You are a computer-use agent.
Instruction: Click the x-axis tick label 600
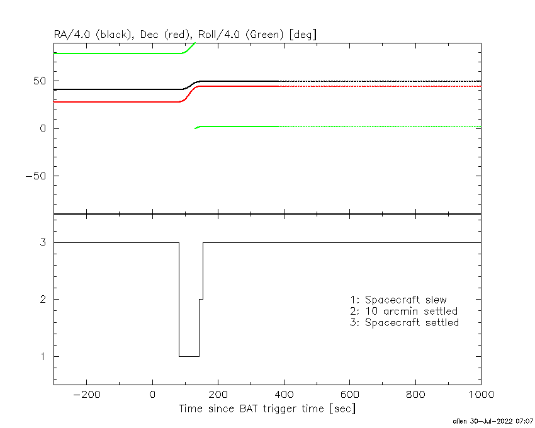(350, 395)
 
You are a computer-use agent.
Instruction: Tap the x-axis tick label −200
(87, 395)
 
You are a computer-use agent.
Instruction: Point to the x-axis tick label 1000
(481, 395)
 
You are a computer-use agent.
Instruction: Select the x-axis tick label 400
(284, 395)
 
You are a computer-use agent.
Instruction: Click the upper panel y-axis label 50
(40, 81)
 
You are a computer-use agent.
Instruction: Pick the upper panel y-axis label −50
(36, 176)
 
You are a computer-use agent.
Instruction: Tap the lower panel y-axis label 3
(43, 243)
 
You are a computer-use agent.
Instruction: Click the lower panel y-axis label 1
(43, 357)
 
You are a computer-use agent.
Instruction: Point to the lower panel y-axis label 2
(43, 300)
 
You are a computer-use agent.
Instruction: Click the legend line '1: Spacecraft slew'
(398, 300)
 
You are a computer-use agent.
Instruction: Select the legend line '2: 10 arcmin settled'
(404, 312)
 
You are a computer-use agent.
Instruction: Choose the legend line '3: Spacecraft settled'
(405, 323)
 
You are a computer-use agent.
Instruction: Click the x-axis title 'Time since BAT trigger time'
(252, 408)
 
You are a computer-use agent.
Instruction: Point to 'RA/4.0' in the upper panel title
(72, 35)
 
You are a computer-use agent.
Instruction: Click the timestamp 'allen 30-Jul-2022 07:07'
(493, 422)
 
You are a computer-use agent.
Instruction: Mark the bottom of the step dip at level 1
(189, 357)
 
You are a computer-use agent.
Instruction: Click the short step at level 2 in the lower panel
(201, 300)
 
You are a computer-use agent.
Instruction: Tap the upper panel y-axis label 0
(43, 128)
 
